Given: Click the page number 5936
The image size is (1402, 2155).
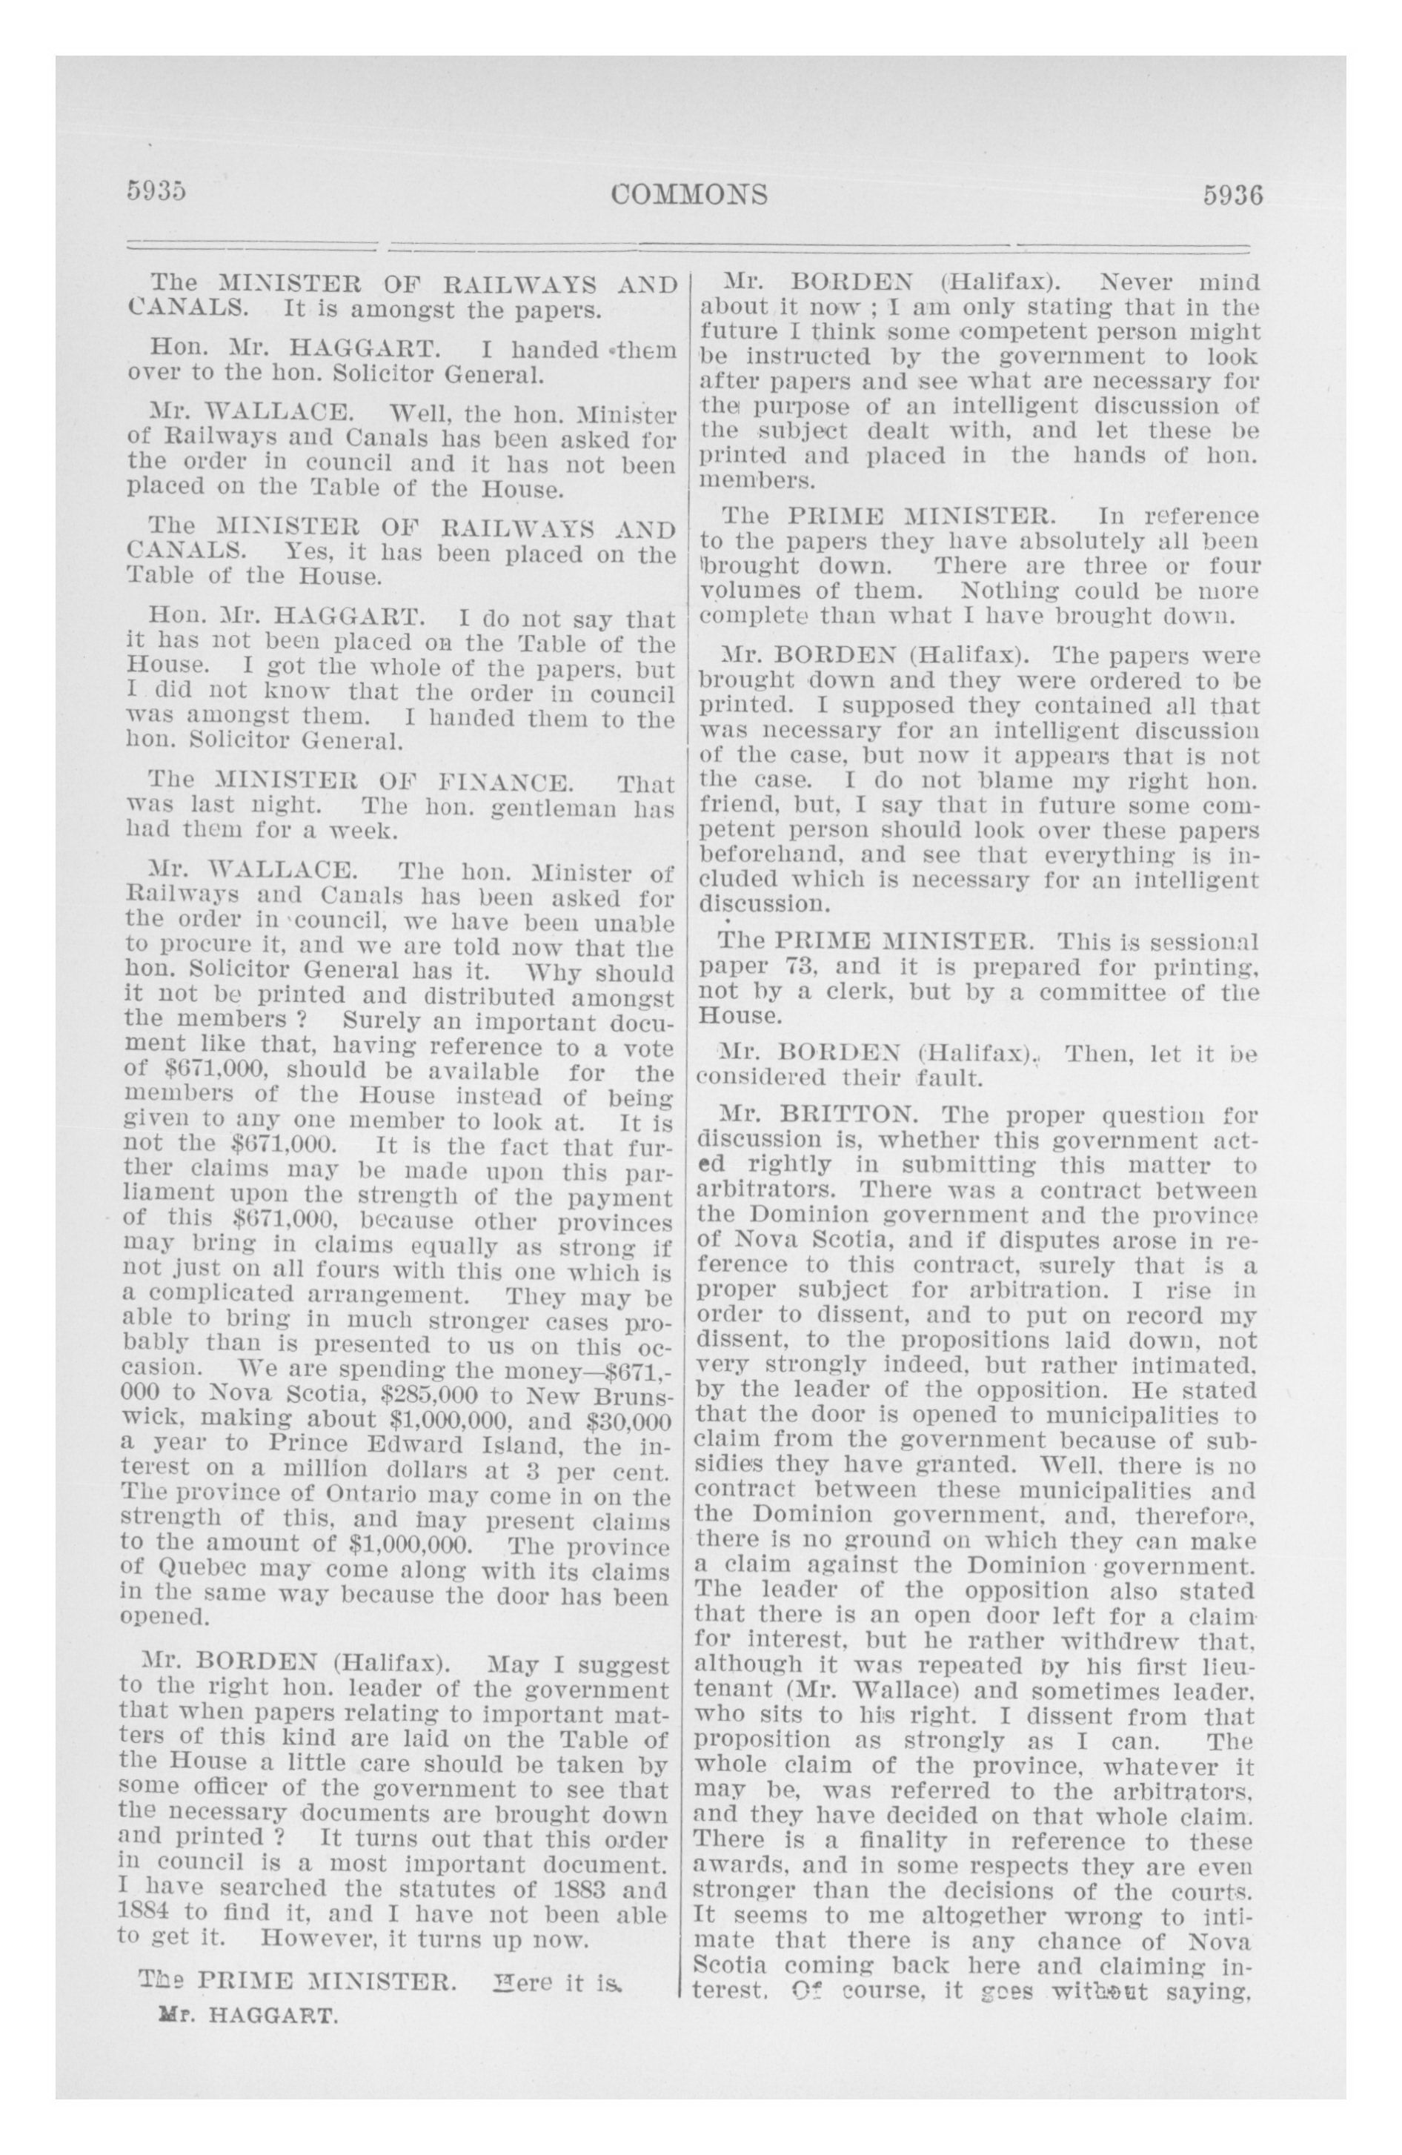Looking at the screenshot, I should tap(1232, 196).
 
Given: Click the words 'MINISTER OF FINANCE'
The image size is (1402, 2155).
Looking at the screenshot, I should tap(393, 781).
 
